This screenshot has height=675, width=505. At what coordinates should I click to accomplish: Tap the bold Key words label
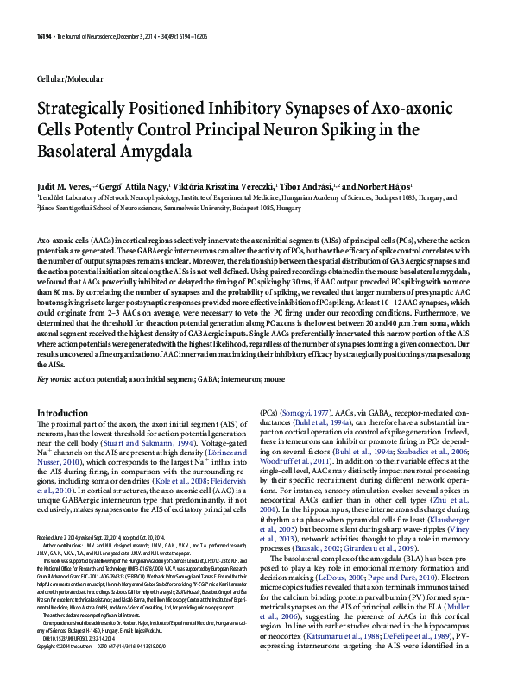[x=54, y=378]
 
